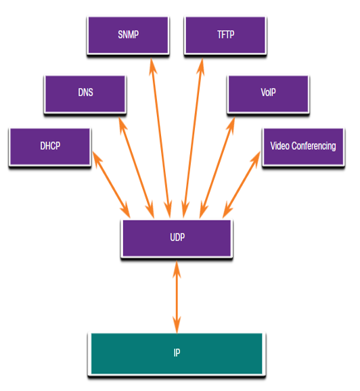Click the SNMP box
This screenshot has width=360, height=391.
(x=128, y=35)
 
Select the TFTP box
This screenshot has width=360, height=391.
(x=225, y=35)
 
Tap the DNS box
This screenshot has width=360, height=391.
(x=85, y=94)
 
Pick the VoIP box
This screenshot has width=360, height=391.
(x=269, y=94)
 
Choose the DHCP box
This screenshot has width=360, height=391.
(x=50, y=147)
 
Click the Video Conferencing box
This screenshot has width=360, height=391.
(x=304, y=147)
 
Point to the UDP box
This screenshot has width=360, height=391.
(x=177, y=239)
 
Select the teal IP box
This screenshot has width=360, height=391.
(x=177, y=354)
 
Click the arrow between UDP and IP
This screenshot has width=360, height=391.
(x=177, y=297)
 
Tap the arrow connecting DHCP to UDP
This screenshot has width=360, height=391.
(x=111, y=185)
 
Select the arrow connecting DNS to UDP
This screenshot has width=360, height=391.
(x=136, y=168)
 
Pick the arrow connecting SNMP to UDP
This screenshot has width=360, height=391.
(x=160, y=138)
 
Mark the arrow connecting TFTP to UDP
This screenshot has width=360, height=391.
(x=193, y=138)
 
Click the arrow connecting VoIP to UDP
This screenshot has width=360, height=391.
(x=217, y=168)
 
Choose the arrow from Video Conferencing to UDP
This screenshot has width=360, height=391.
(x=242, y=185)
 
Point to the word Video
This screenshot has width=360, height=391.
(x=279, y=146)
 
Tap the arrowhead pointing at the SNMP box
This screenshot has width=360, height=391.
(x=152, y=66)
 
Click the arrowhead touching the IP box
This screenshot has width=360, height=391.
(x=177, y=325)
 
